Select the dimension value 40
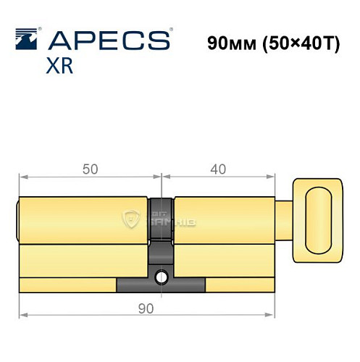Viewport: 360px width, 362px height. [218, 169]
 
